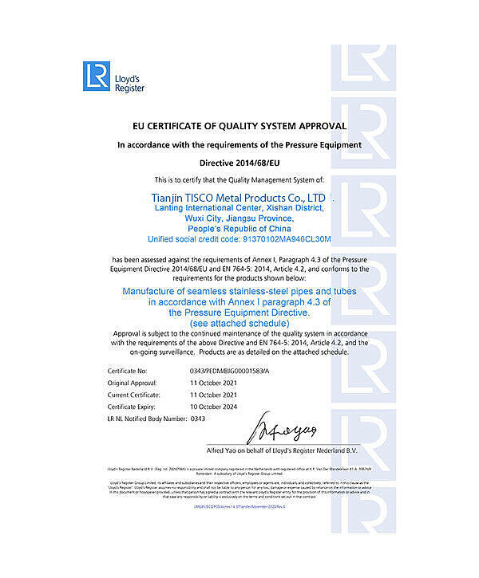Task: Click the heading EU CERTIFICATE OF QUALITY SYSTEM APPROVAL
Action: click(x=239, y=126)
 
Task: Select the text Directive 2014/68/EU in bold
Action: click(x=239, y=162)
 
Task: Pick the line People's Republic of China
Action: click(x=239, y=228)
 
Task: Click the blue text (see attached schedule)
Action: click(x=239, y=322)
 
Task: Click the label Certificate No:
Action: click(x=127, y=372)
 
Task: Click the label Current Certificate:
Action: click(x=131, y=395)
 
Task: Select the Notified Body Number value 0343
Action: click(x=199, y=418)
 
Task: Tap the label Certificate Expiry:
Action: click(x=130, y=406)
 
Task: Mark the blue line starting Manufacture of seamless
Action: click(x=239, y=292)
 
